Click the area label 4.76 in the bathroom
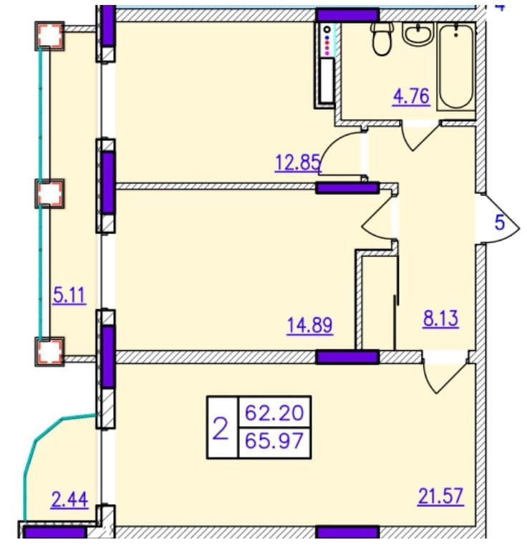coord(410,96)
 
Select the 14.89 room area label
coord(310,327)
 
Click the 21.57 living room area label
coord(440,495)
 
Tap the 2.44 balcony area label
coord(69,499)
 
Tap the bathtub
coord(455,66)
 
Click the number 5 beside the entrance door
coord(500,223)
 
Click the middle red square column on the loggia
coord(50,193)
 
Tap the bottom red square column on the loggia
coord(50,350)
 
